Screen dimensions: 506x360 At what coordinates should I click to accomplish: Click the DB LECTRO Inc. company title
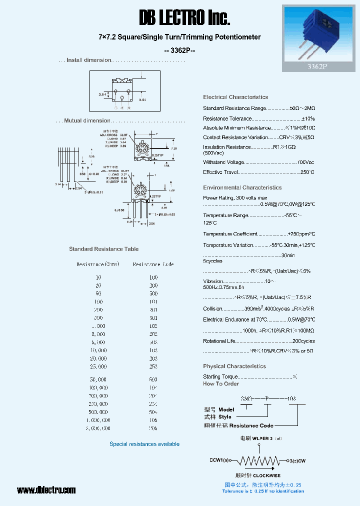pyautogui.click(x=184, y=18)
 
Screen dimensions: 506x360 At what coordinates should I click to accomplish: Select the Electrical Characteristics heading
pyautogui.click(x=235, y=97)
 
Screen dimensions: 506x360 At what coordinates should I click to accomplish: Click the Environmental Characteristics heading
pyautogui.click(x=242, y=187)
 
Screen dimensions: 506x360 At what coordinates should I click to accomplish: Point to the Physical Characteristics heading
pyautogui.click(x=234, y=366)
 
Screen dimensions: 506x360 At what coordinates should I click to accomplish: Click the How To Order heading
pyautogui.click(x=221, y=384)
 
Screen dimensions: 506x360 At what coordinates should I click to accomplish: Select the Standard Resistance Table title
pyautogui.click(x=104, y=249)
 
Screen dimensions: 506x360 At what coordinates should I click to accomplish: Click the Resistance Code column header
pyautogui.click(x=153, y=264)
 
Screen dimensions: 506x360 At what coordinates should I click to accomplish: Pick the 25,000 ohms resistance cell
pyautogui.click(x=98, y=366)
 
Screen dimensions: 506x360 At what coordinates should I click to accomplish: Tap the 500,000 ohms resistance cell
pyautogui.click(x=98, y=412)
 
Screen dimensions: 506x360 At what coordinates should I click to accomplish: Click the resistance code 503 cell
pyautogui.click(x=153, y=380)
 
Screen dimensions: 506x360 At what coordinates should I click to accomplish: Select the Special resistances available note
pyautogui.click(x=144, y=444)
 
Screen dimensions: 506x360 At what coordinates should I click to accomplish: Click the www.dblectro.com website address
pyautogui.click(x=46, y=490)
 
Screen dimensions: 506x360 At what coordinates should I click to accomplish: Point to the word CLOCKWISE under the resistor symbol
pyautogui.click(x=266, y=475)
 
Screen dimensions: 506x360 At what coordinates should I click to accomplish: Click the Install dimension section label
pyautogui.click(x=89, y=60)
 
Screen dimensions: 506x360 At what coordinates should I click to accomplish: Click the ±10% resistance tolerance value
pyautogui.click(x=308, y=118)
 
